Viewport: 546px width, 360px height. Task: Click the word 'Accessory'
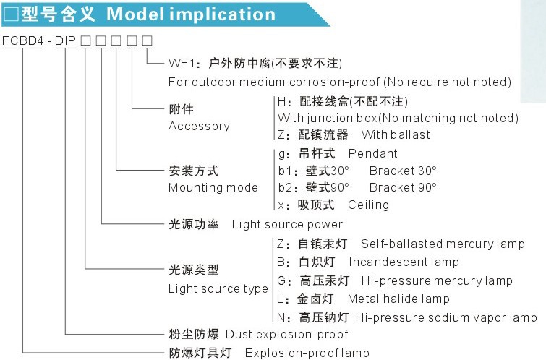click(x=199, y=126)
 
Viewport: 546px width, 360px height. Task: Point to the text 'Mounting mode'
click(x=213, y=187)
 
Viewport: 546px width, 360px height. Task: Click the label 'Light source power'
click(x=287, y=224)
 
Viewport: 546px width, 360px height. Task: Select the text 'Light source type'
click(x=218, y=288)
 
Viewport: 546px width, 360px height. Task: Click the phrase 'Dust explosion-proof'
click(x=286, y=334)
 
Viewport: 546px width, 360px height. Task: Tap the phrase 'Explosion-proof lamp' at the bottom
click(x=307, y=353)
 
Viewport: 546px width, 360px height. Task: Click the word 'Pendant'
click(x=372, y=153)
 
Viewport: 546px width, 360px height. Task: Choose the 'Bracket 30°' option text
click(x=403, y=171)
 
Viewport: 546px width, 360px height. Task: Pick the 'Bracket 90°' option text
click(x=403, y=187)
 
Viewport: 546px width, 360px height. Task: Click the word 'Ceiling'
click(x=368, y=205)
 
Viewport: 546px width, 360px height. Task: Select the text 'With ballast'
click(x=396, y=134)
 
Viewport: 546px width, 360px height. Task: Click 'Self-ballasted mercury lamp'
click(x=443, y=244)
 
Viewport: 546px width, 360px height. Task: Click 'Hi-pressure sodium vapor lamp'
click(x=446, y=317)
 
